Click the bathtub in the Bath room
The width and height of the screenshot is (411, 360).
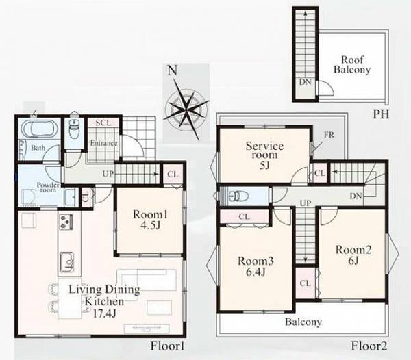[39, 128]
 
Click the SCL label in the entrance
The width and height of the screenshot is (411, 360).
[103, 123]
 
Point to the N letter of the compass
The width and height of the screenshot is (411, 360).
[172, 70]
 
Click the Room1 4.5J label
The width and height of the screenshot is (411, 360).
[150, 220]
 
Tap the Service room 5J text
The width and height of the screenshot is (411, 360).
[264, 155]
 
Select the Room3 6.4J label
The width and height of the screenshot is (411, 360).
[256, 266]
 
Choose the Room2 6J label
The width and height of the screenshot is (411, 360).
[353, 255]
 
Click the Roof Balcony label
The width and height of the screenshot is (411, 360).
[352, 64]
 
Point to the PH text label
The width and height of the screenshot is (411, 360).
[381, 114]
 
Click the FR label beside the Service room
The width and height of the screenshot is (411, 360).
[329, 135]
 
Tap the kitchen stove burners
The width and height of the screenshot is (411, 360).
[66, 222]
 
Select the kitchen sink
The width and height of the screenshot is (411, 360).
[67, 261]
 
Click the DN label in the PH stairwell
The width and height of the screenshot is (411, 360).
[306, 82]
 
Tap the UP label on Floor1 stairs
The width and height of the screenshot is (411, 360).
[108, 174]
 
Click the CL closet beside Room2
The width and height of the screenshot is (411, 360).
[306, 283]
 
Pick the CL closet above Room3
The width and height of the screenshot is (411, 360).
[245, 216]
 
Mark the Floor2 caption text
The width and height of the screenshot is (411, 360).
[369, 346]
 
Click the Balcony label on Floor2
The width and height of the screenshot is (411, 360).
[303, 322]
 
